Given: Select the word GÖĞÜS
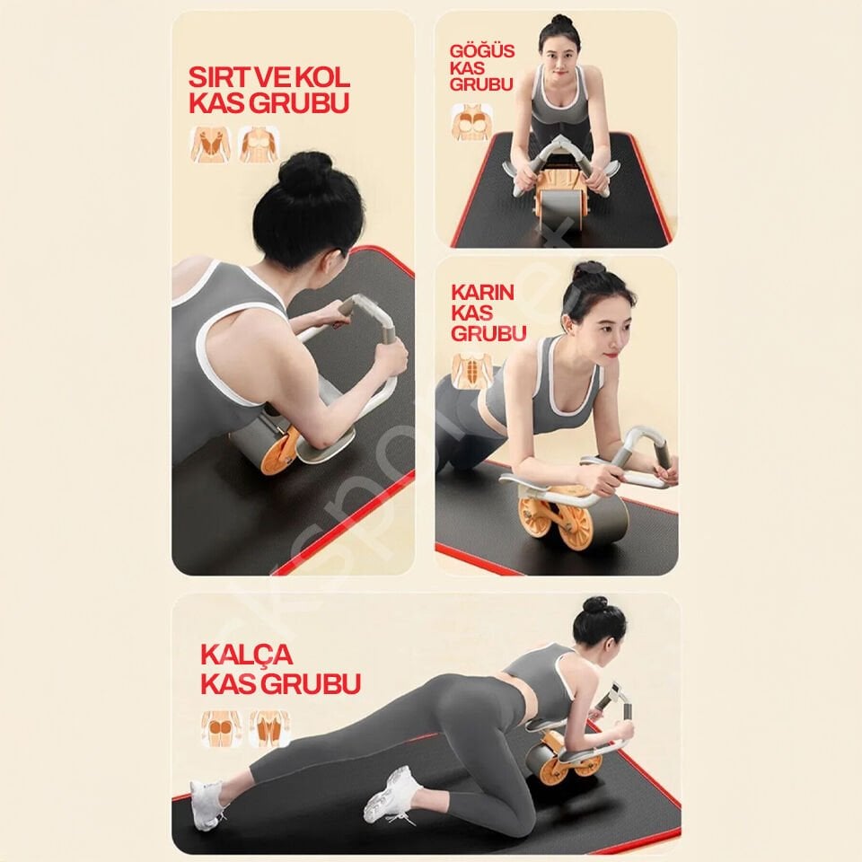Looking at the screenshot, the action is (x=482, y=51).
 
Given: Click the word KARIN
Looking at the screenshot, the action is (x=482, y=292).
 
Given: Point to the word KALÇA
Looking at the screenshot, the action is (x=246, y=655).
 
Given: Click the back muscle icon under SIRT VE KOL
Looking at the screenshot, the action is (x=207, y=145).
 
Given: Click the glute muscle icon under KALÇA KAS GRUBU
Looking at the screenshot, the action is (x=221, y=729).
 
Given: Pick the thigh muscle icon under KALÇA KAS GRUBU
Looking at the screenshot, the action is (x=269, y=729).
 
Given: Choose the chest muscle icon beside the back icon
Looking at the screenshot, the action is (x=259, y=145).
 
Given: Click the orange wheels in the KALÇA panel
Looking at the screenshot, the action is (x=575, y=761).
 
